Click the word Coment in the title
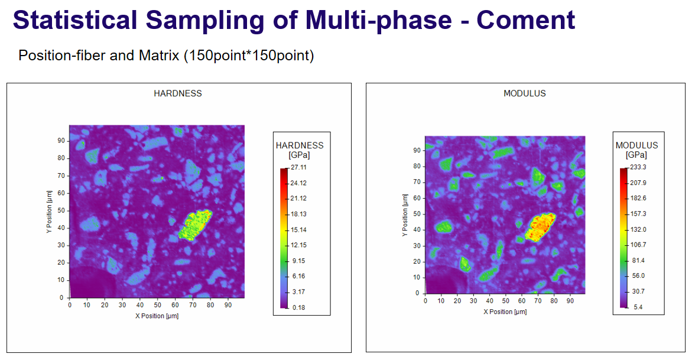(x=526, y=20)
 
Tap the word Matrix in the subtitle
(x=158, y=56)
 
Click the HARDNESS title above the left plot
(x=178, y=93)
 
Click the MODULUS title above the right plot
(x=525, y=93)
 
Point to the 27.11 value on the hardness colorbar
(x=298, y=167)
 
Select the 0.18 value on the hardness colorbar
(x=299, y=307)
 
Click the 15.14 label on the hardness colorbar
(x=299, y=229)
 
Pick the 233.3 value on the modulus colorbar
(x=638, y=167)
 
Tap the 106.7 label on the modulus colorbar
(x=638, y=245)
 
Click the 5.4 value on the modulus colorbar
(x=638, y=307)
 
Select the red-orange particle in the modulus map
(x=540, y=227)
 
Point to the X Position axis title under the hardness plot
(x=157, y=316)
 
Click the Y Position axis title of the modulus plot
(x=405, y=215)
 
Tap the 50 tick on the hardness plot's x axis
(x=157, y=305)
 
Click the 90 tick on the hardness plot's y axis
(x=61, y=141)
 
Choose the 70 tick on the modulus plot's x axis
(x=538, y=300)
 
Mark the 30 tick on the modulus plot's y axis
(x=417, y=246)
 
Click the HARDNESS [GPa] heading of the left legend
(x=300, y=150)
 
